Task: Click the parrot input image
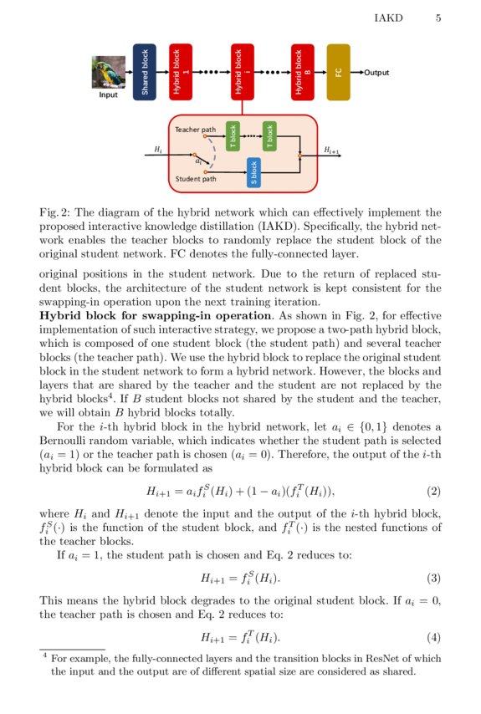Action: point(109,72)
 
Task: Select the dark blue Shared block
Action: point(144,72)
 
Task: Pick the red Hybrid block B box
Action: point(302,72)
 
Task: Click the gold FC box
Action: point(338,72)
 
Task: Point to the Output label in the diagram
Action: point(376,73)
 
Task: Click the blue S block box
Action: point(253,171)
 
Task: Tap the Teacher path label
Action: point(195,130)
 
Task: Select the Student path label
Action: point(196,179)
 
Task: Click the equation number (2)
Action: point(433,490)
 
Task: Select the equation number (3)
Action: point(433,578)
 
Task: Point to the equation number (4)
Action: point(433,637)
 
